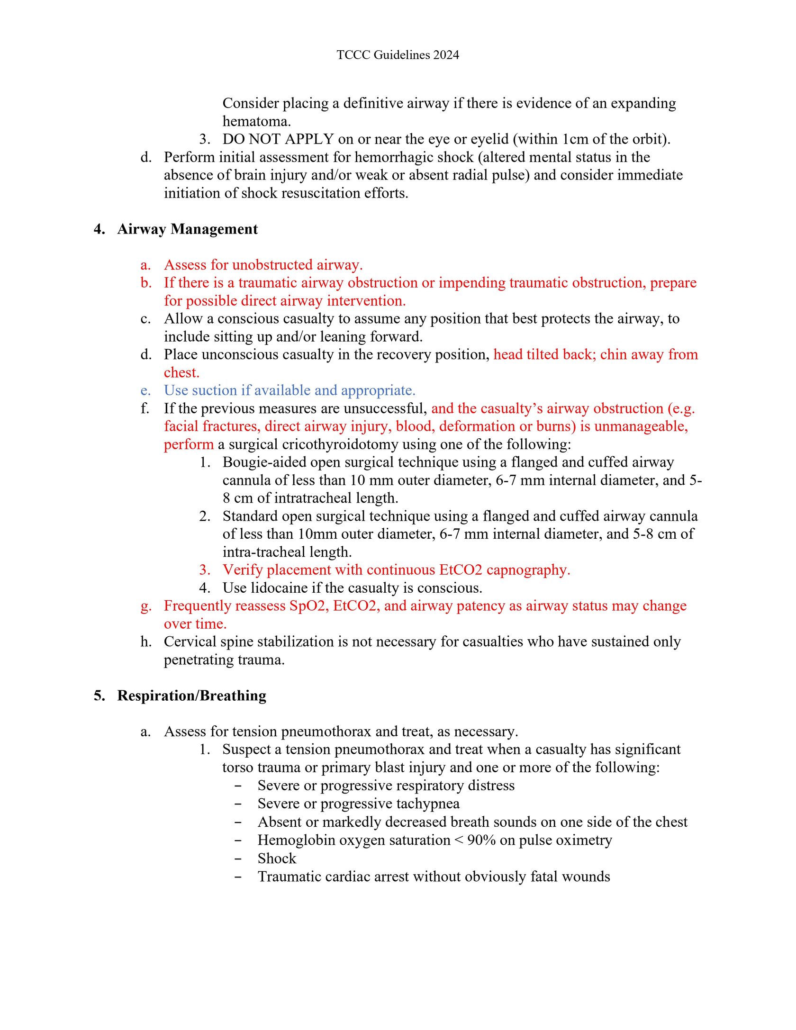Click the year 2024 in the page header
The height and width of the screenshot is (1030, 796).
[x=446, y=55]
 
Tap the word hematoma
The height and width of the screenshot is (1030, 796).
[x=256, y=121]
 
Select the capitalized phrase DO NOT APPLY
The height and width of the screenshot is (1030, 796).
[x=278, y=139]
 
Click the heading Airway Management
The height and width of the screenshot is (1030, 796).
[x=187, y=229]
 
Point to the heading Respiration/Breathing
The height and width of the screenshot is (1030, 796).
[x=191, y=696]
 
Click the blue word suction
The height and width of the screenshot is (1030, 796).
[x=214, y=390]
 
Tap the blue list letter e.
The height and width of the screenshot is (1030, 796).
[x=145, y=391]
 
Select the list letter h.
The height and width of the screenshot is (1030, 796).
[x=146, y=641]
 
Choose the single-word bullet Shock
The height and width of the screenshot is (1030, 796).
[x=277, y=858]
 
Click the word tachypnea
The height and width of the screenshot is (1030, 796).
[x=428, y=804]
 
